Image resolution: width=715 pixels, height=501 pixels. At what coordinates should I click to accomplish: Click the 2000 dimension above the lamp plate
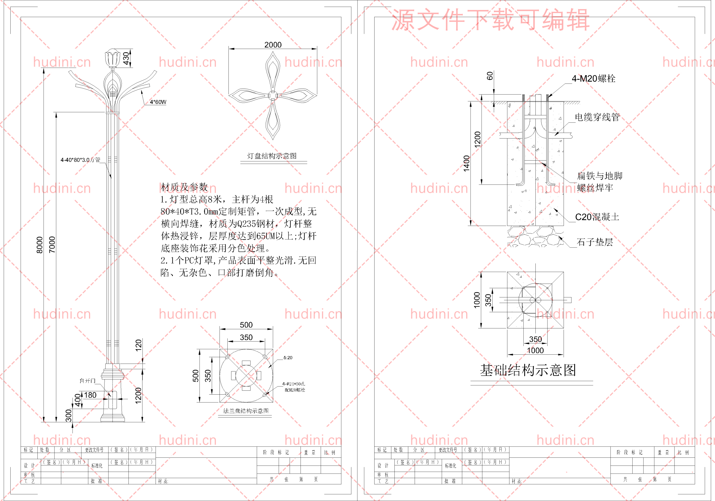(273, 45)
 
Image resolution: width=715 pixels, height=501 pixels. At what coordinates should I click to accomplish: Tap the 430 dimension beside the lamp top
(126, 58)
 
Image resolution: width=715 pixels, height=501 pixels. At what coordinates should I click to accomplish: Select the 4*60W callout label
(158, 102)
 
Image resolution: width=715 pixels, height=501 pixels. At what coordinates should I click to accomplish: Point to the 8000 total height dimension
(40, 245)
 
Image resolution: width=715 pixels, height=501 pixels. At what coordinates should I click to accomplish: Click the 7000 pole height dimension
(52, 245)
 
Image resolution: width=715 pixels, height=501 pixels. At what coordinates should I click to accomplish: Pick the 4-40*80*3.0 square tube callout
(80, 160)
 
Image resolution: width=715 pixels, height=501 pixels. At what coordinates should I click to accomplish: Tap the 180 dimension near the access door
(90, 395)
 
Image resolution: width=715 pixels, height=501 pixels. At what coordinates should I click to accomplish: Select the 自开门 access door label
(87, 381)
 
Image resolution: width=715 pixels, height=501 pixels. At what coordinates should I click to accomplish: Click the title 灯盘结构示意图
(272, 156)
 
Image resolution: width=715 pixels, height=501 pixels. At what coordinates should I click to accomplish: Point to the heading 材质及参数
(184, 187)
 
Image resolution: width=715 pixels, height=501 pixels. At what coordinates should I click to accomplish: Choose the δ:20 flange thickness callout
(288, 358)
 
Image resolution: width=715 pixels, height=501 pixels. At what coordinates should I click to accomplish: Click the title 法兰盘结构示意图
(246, 411)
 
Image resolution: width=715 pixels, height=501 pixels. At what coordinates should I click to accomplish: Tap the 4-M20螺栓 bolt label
(593, 78)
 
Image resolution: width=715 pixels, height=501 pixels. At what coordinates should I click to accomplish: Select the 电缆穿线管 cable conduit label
(597, 117)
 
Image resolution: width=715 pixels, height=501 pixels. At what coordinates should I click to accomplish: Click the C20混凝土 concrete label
(597, 217)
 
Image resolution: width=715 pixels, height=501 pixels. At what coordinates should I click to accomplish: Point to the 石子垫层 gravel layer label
(595, 242)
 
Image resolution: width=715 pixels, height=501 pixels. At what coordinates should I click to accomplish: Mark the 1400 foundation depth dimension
(466, 163)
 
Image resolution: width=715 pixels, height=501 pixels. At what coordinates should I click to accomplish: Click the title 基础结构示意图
(528, 371)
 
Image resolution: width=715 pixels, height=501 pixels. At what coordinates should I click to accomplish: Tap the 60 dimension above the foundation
(490, 76)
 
